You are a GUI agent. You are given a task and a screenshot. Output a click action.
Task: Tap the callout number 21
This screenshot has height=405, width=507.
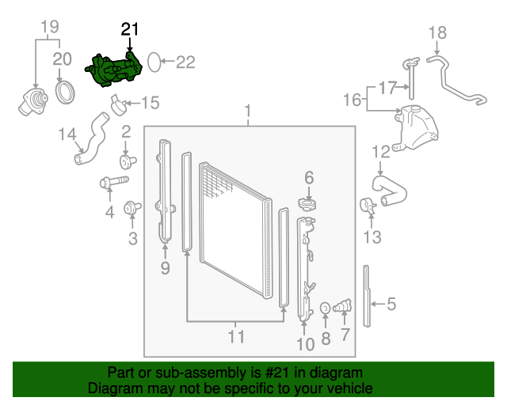tap(129, 30)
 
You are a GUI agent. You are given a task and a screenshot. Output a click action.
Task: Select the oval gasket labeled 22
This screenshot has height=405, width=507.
tap(155, 62)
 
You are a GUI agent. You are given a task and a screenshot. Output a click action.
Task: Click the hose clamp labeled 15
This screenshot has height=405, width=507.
tap(119, 101)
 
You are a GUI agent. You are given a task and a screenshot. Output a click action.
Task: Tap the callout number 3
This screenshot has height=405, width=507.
tap(132, 238)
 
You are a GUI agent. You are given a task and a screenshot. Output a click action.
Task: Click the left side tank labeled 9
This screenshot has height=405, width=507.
tap(166, 190)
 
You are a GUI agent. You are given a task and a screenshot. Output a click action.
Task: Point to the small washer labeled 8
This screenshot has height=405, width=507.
tap(325, 308)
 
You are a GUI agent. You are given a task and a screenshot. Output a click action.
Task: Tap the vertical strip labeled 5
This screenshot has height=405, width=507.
tap(367, 295)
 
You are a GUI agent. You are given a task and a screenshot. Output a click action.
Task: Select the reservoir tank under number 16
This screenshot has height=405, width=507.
tap(414, 128)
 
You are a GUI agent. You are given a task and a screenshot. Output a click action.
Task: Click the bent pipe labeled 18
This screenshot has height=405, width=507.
tap(456, 79)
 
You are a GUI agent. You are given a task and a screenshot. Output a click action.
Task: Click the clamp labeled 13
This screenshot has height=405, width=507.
tap(367, 206)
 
